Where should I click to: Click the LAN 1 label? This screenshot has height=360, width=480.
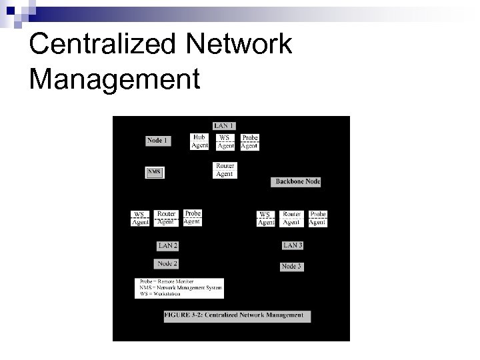coord(223,125)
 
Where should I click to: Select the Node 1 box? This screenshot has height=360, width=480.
coord(157,141)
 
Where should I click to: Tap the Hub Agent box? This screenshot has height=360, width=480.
coord(199,141)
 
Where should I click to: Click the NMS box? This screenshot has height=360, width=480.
coord(154,172)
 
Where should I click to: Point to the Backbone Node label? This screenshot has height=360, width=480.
coord(295,181)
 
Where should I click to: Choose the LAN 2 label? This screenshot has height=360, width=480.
coord(167,245)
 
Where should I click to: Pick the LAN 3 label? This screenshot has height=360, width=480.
coord(293,245)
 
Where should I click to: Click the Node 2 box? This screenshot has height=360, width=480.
coord(167,264)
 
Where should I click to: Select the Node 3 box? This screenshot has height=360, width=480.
coord(291,266)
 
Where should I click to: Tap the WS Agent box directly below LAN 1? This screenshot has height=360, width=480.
coord(225,141)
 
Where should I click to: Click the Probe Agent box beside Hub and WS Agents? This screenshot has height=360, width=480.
coord(249,141)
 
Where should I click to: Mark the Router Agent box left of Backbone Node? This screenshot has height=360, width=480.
coord(225,170)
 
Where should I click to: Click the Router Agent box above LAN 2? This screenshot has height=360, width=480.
coord(166,218)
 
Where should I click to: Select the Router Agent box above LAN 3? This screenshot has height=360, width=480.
coord(292,218)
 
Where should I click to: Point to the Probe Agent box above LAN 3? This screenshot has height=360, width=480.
coord(317,218)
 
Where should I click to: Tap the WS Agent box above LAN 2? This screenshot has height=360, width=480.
coord(140,218)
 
